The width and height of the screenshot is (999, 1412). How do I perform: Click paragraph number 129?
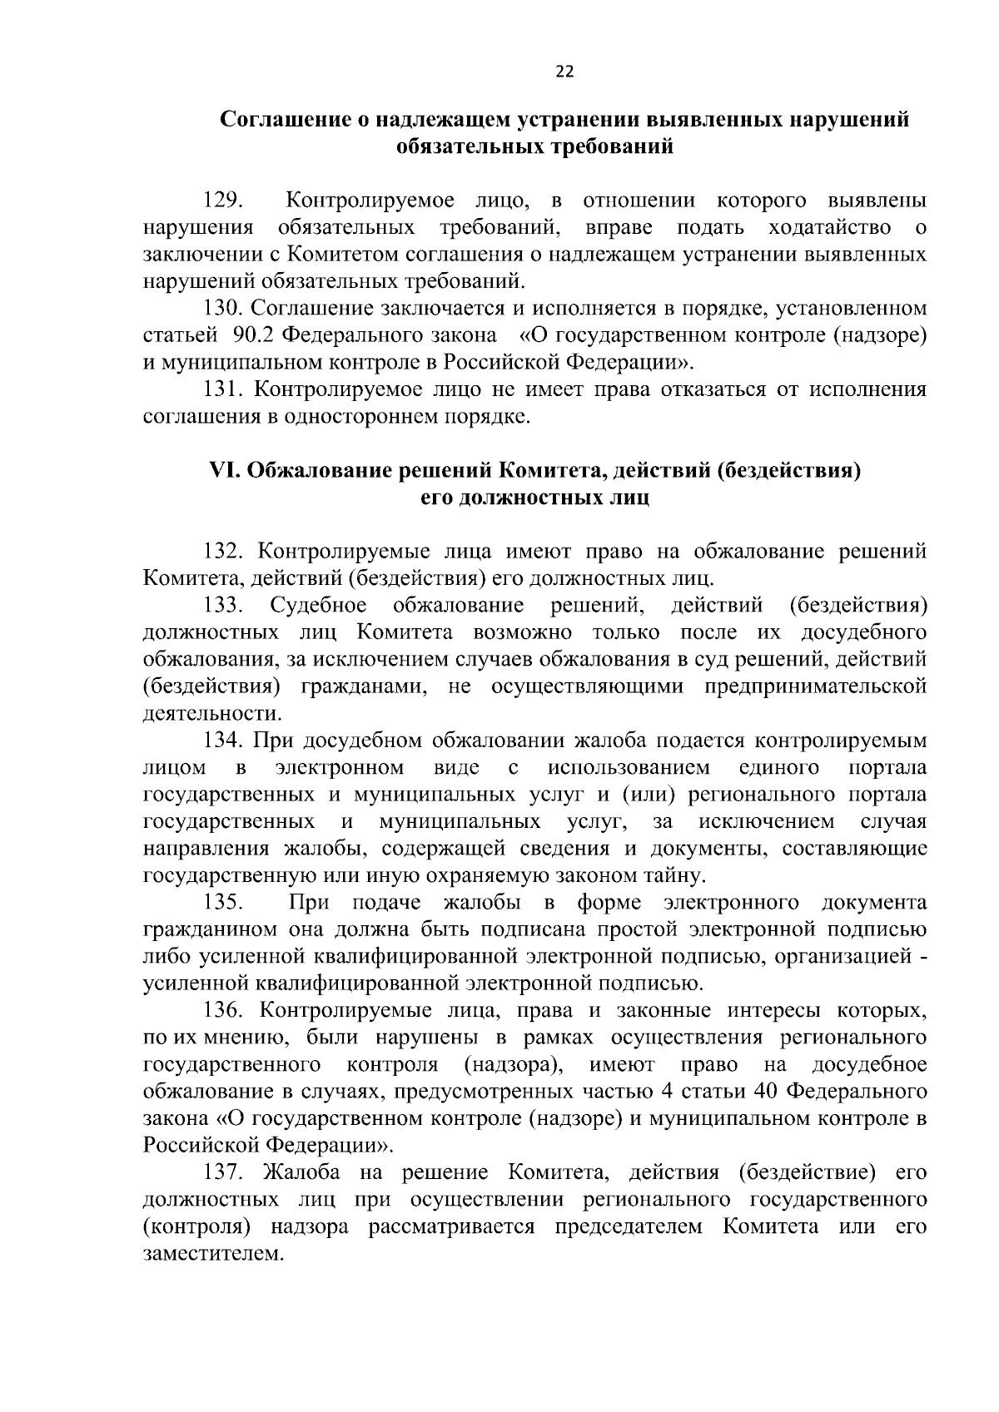coord(223,201)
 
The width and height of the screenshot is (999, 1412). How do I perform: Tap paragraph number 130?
coord(223,309)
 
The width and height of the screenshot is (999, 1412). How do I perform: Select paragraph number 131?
coord(223,389)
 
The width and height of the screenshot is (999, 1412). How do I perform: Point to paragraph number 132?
coord(223,552)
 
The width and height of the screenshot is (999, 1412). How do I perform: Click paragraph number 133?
coord(223,605)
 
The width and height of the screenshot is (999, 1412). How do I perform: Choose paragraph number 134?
coord(223,741)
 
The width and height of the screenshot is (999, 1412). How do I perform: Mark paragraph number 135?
coord(223,903)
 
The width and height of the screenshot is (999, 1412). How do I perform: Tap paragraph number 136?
coord(223,1011)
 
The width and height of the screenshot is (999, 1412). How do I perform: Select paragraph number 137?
coord(223,1173)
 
